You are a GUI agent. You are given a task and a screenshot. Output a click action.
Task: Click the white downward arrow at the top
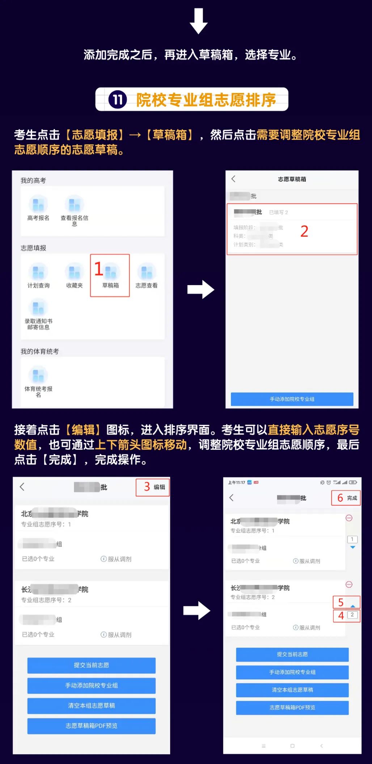click(199, 21)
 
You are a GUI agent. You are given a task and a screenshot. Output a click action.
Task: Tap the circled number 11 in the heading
click(118, 99)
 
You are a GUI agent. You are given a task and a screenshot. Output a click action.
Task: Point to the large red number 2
click(304, 232)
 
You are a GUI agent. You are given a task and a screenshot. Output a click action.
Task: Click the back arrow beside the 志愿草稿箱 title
click(233, 179)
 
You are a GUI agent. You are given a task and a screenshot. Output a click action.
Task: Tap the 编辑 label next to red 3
click(159, 487)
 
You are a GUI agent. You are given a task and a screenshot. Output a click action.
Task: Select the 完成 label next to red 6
click(352, 498)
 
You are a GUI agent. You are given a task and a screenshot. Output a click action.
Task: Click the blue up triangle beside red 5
click(353, 606)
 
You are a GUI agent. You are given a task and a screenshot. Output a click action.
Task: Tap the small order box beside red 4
click(352, 615)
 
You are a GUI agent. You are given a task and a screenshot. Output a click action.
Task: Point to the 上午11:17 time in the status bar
click(237, 483)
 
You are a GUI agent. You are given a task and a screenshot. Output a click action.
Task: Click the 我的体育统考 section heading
click(39, 351)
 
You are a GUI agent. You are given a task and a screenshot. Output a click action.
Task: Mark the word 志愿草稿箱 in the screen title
click(292, 179)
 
